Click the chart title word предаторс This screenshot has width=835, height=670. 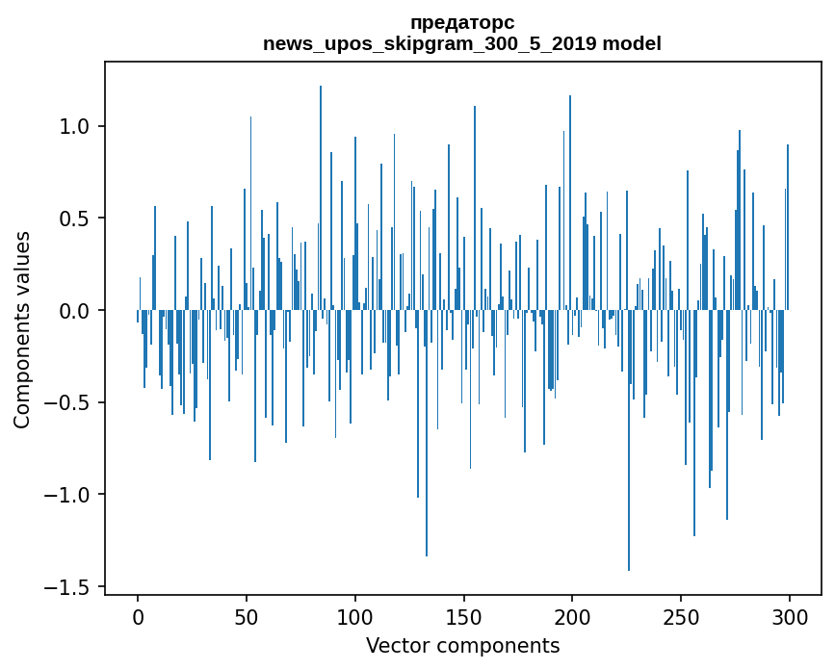point(461,22)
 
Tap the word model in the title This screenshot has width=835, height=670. point(632,44)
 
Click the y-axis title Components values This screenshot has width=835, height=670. point(22,330)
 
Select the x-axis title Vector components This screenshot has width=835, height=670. point(462,645)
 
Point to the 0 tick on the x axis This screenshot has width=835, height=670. point(138,616)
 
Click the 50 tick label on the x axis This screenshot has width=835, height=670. point(247,616)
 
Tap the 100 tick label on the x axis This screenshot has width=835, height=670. point(355,616)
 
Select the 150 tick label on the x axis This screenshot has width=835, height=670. point(463,616)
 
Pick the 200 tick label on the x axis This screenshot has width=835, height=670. point(572,616)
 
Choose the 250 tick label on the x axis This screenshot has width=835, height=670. point(681,616)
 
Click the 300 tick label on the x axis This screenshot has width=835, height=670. point(790,616)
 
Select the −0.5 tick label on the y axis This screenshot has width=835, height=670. point(70,402)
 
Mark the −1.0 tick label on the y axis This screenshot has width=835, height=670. point(70,495)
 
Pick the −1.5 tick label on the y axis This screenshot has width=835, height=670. point(70,587)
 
